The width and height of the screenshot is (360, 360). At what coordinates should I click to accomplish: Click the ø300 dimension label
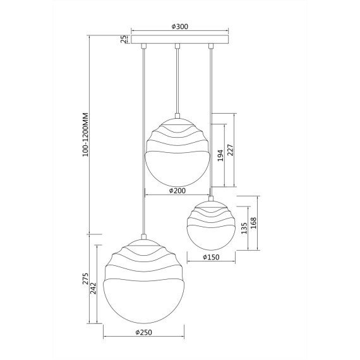click(x=180, y=27)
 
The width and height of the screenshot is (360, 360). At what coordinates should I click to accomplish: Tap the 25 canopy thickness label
click(x=124, y=39)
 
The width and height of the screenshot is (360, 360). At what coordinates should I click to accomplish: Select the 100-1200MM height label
click(x=86, y=135)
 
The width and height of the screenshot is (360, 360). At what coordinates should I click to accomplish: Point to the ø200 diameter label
click(x=177, y=191)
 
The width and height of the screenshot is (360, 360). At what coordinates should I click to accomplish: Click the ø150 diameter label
click(x=211, y=257)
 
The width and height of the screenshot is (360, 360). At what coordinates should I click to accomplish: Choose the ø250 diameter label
click(x=144, y=332)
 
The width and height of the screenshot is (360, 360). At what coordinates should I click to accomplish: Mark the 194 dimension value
click(x=220, y=155)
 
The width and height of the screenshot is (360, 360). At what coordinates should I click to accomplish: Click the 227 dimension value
click(x=231, y=150)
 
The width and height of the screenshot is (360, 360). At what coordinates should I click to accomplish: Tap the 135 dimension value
click(x=244, y=228)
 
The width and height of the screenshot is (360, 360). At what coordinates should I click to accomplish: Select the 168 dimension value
click(x=254, y=223)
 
